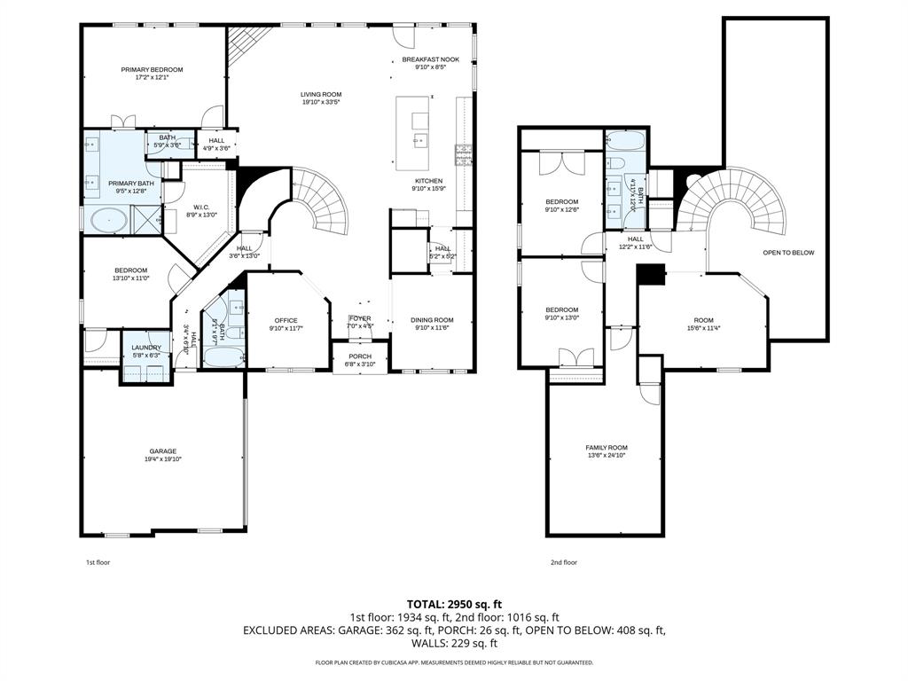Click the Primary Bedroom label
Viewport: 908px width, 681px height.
click(x=152, y=69)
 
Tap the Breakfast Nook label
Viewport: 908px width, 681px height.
click(x=430, y=59)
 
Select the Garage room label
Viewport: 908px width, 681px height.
click(x=162, y=451)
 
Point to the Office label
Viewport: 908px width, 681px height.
click(x=286, y=320)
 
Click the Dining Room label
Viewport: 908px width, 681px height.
click(x=432, y=320)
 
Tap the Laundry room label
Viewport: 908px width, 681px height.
click(x=145, y=347)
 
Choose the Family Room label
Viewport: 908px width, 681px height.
click(x=606, y=448)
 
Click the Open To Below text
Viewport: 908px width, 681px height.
click(x=787, y=253)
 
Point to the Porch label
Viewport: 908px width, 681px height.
click(x=360, y=356)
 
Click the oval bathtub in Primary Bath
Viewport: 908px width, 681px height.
click(x=107, y=218)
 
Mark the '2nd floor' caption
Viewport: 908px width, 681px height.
click(x=563, y=562)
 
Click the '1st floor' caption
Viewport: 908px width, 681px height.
click(x=98, y=562)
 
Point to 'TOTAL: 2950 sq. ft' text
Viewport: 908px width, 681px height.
click(x=453, y=604)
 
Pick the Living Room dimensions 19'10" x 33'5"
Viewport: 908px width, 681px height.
click(x=320, y=102)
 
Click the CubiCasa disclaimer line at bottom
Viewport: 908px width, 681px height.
click(x=454, y=662)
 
